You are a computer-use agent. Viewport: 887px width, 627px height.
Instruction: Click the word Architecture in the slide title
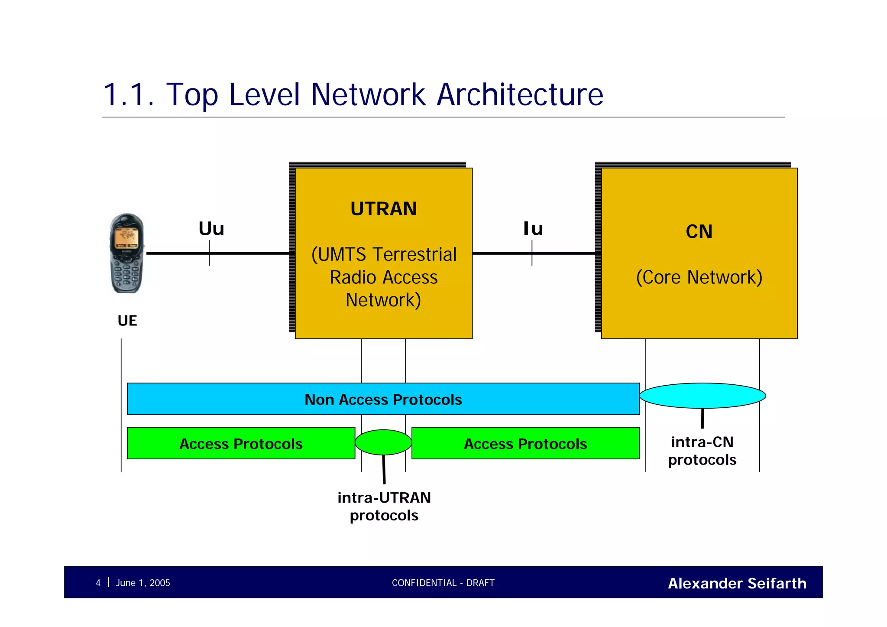click(520, 94)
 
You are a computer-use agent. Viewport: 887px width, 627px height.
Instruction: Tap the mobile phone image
click(126, 253)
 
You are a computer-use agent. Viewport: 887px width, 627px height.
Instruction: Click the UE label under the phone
click(127, 321)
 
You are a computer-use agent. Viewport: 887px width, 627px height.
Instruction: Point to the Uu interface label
click(211, 229)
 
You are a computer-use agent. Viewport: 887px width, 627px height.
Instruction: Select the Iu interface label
click(533, 229)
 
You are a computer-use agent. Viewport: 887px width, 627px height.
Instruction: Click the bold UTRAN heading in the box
click(383, 209)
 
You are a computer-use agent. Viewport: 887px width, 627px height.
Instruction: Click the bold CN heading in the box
click(699, 231)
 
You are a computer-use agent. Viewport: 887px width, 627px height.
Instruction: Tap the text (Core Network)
click(699, 277)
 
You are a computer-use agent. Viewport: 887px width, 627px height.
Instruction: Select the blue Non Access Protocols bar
click(383, 399)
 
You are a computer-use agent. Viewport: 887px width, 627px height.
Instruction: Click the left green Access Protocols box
click(241, 443)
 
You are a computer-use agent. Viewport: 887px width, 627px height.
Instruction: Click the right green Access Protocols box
click(525, 443)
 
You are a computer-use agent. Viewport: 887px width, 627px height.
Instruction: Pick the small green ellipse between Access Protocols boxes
click(383, 442)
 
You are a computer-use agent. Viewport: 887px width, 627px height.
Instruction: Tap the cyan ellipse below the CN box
click(702, 396)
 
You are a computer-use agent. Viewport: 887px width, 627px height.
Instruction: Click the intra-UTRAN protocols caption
click(384, 506)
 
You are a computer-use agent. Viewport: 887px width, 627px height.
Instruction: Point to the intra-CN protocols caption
click(702, 451)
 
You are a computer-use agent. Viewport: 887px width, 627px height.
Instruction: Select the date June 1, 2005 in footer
click(143, 583)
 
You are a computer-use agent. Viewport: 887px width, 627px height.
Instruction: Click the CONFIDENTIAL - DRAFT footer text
click(443, 583)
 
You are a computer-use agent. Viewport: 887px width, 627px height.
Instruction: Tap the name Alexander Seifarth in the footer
click(737, 583)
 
